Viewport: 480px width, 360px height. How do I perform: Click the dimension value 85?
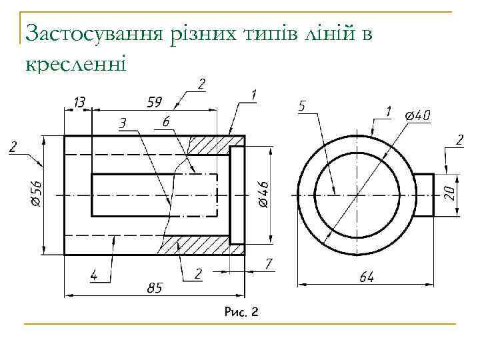tap(155, 288)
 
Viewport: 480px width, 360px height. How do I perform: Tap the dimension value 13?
tap(79, 103)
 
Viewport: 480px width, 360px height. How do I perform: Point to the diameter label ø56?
tap(37, 194)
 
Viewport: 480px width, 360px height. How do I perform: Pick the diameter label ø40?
tap(417, 116)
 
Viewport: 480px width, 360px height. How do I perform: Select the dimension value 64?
tap(366, 277)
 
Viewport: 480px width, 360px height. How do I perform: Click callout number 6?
tap(165, 121)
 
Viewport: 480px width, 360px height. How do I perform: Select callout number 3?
tap(123, 123)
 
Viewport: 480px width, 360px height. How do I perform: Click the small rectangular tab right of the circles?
tap(424, 195)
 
